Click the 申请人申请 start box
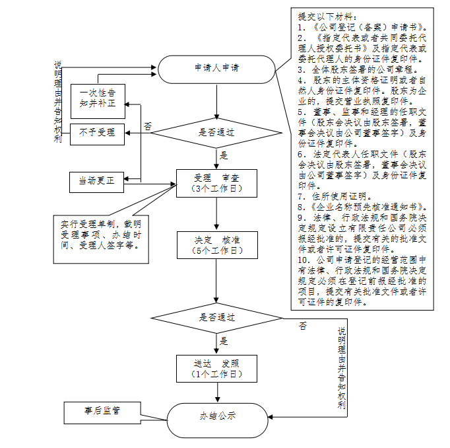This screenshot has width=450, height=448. (216, 68)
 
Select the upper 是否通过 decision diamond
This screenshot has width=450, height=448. (216, 132)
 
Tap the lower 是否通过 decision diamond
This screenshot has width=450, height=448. (217, 317)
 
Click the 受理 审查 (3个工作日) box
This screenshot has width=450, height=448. (216, 184)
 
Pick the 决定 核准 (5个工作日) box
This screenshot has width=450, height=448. (216, 244)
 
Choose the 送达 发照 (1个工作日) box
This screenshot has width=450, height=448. (216, 368)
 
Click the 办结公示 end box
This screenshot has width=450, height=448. (217, 417)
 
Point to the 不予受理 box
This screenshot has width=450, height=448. (97, 133)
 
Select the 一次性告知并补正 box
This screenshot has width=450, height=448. (98, 98)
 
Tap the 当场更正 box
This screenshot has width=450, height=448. (97, 181)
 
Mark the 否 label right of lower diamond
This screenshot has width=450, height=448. (302, 326)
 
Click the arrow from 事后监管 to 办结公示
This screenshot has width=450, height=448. (153, 416)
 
